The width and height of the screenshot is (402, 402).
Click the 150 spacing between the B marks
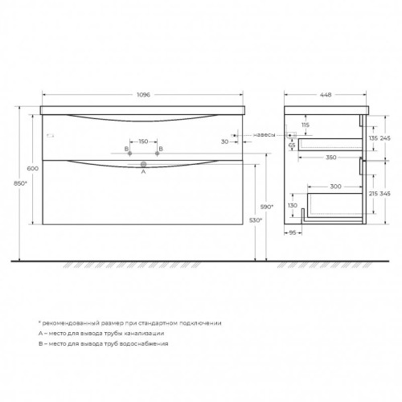143,142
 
